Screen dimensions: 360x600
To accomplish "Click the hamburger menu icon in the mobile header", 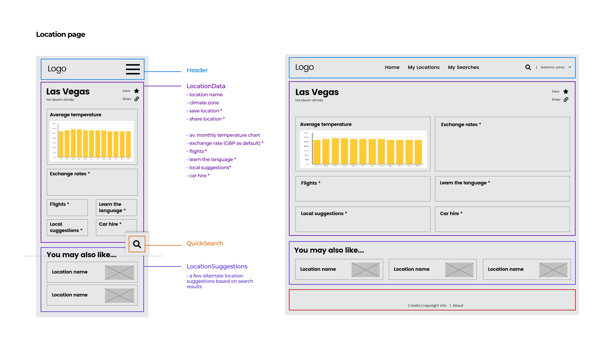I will coord(133,69).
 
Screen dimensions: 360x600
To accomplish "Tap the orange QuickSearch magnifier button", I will coord(137,244).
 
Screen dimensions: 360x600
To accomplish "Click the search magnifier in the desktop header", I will coord(528,67).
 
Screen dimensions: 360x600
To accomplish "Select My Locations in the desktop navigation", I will coord(424,67).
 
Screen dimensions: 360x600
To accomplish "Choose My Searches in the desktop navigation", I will coord(463,67).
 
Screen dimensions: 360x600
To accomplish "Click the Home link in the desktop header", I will coord(392,67).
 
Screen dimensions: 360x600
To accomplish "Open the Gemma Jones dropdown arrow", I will coord(570,67).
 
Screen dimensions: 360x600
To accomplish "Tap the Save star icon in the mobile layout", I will coord(136,91).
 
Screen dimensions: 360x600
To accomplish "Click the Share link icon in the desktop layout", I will coord(566,100).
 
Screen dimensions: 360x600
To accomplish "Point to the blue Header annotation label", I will coord(197,70).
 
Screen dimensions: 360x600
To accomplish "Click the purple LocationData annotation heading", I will coord(206,86).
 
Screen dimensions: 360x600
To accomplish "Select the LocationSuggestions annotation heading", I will coord(217,266).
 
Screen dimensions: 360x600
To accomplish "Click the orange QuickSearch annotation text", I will coord(205,243).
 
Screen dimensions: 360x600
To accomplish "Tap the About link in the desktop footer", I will coord(458,306).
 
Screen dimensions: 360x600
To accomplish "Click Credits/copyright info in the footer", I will coord(427,306).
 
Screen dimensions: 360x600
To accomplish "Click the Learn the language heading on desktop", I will coord(463,183).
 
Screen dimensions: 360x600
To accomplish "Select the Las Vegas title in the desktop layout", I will coord(317,92).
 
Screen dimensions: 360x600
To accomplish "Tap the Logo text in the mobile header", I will coord(57,69).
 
